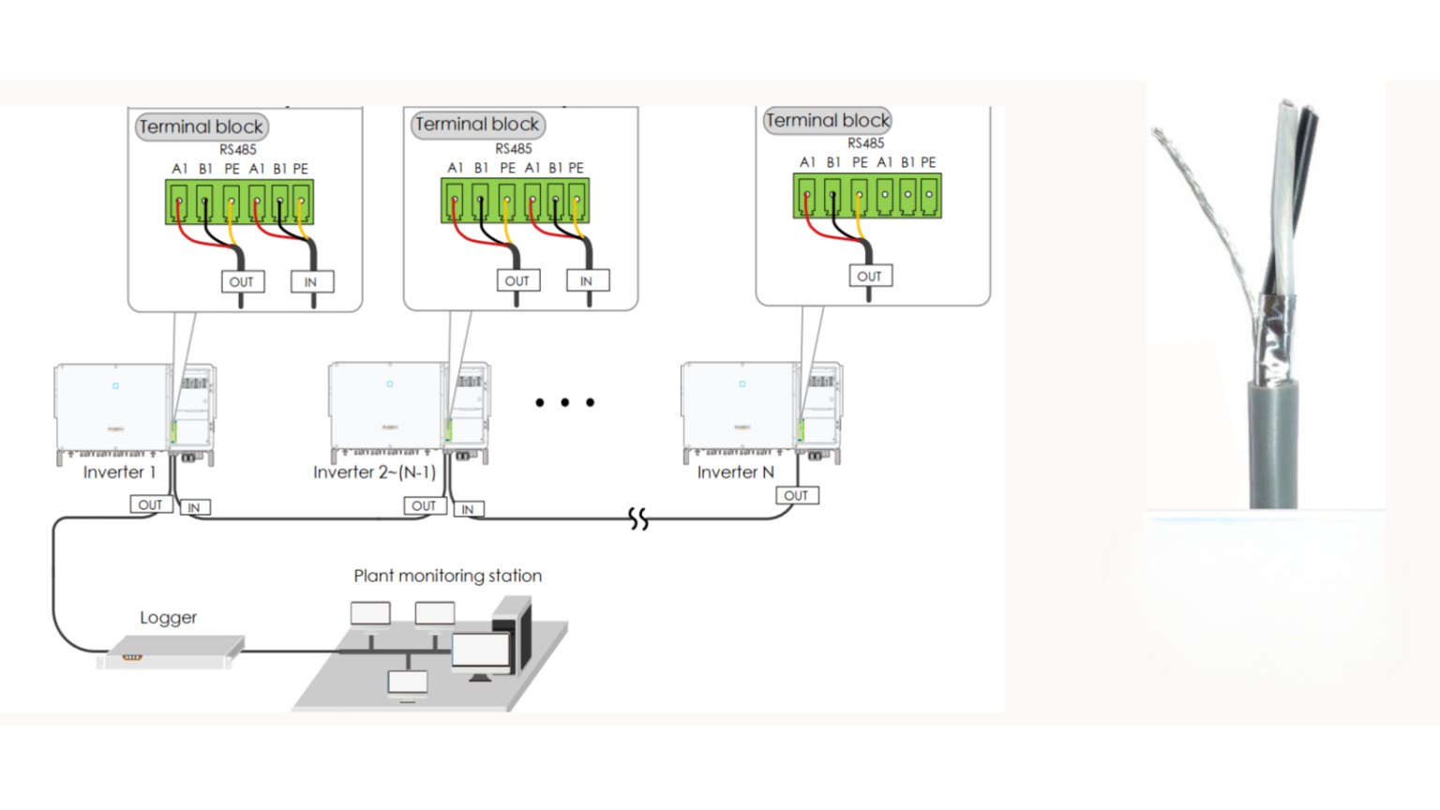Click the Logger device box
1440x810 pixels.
171,652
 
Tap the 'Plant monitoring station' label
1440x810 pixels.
447,576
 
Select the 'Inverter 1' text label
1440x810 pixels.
120,472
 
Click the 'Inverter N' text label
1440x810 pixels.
735,472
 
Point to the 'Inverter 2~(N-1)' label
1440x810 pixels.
375,472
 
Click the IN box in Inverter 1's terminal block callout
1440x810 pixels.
312,281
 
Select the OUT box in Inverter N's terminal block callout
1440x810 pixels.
870,276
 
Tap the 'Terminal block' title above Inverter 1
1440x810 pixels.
202,127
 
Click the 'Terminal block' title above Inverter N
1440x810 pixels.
828,120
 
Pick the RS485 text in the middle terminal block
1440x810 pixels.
513,149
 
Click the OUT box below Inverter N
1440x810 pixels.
797,496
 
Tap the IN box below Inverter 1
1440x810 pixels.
194,507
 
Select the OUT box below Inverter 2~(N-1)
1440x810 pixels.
425,506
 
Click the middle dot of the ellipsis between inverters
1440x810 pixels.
564,402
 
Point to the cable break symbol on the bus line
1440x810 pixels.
638,518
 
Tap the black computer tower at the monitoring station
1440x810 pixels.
513,633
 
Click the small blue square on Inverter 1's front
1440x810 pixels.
115,385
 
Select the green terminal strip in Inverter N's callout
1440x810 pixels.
867,195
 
